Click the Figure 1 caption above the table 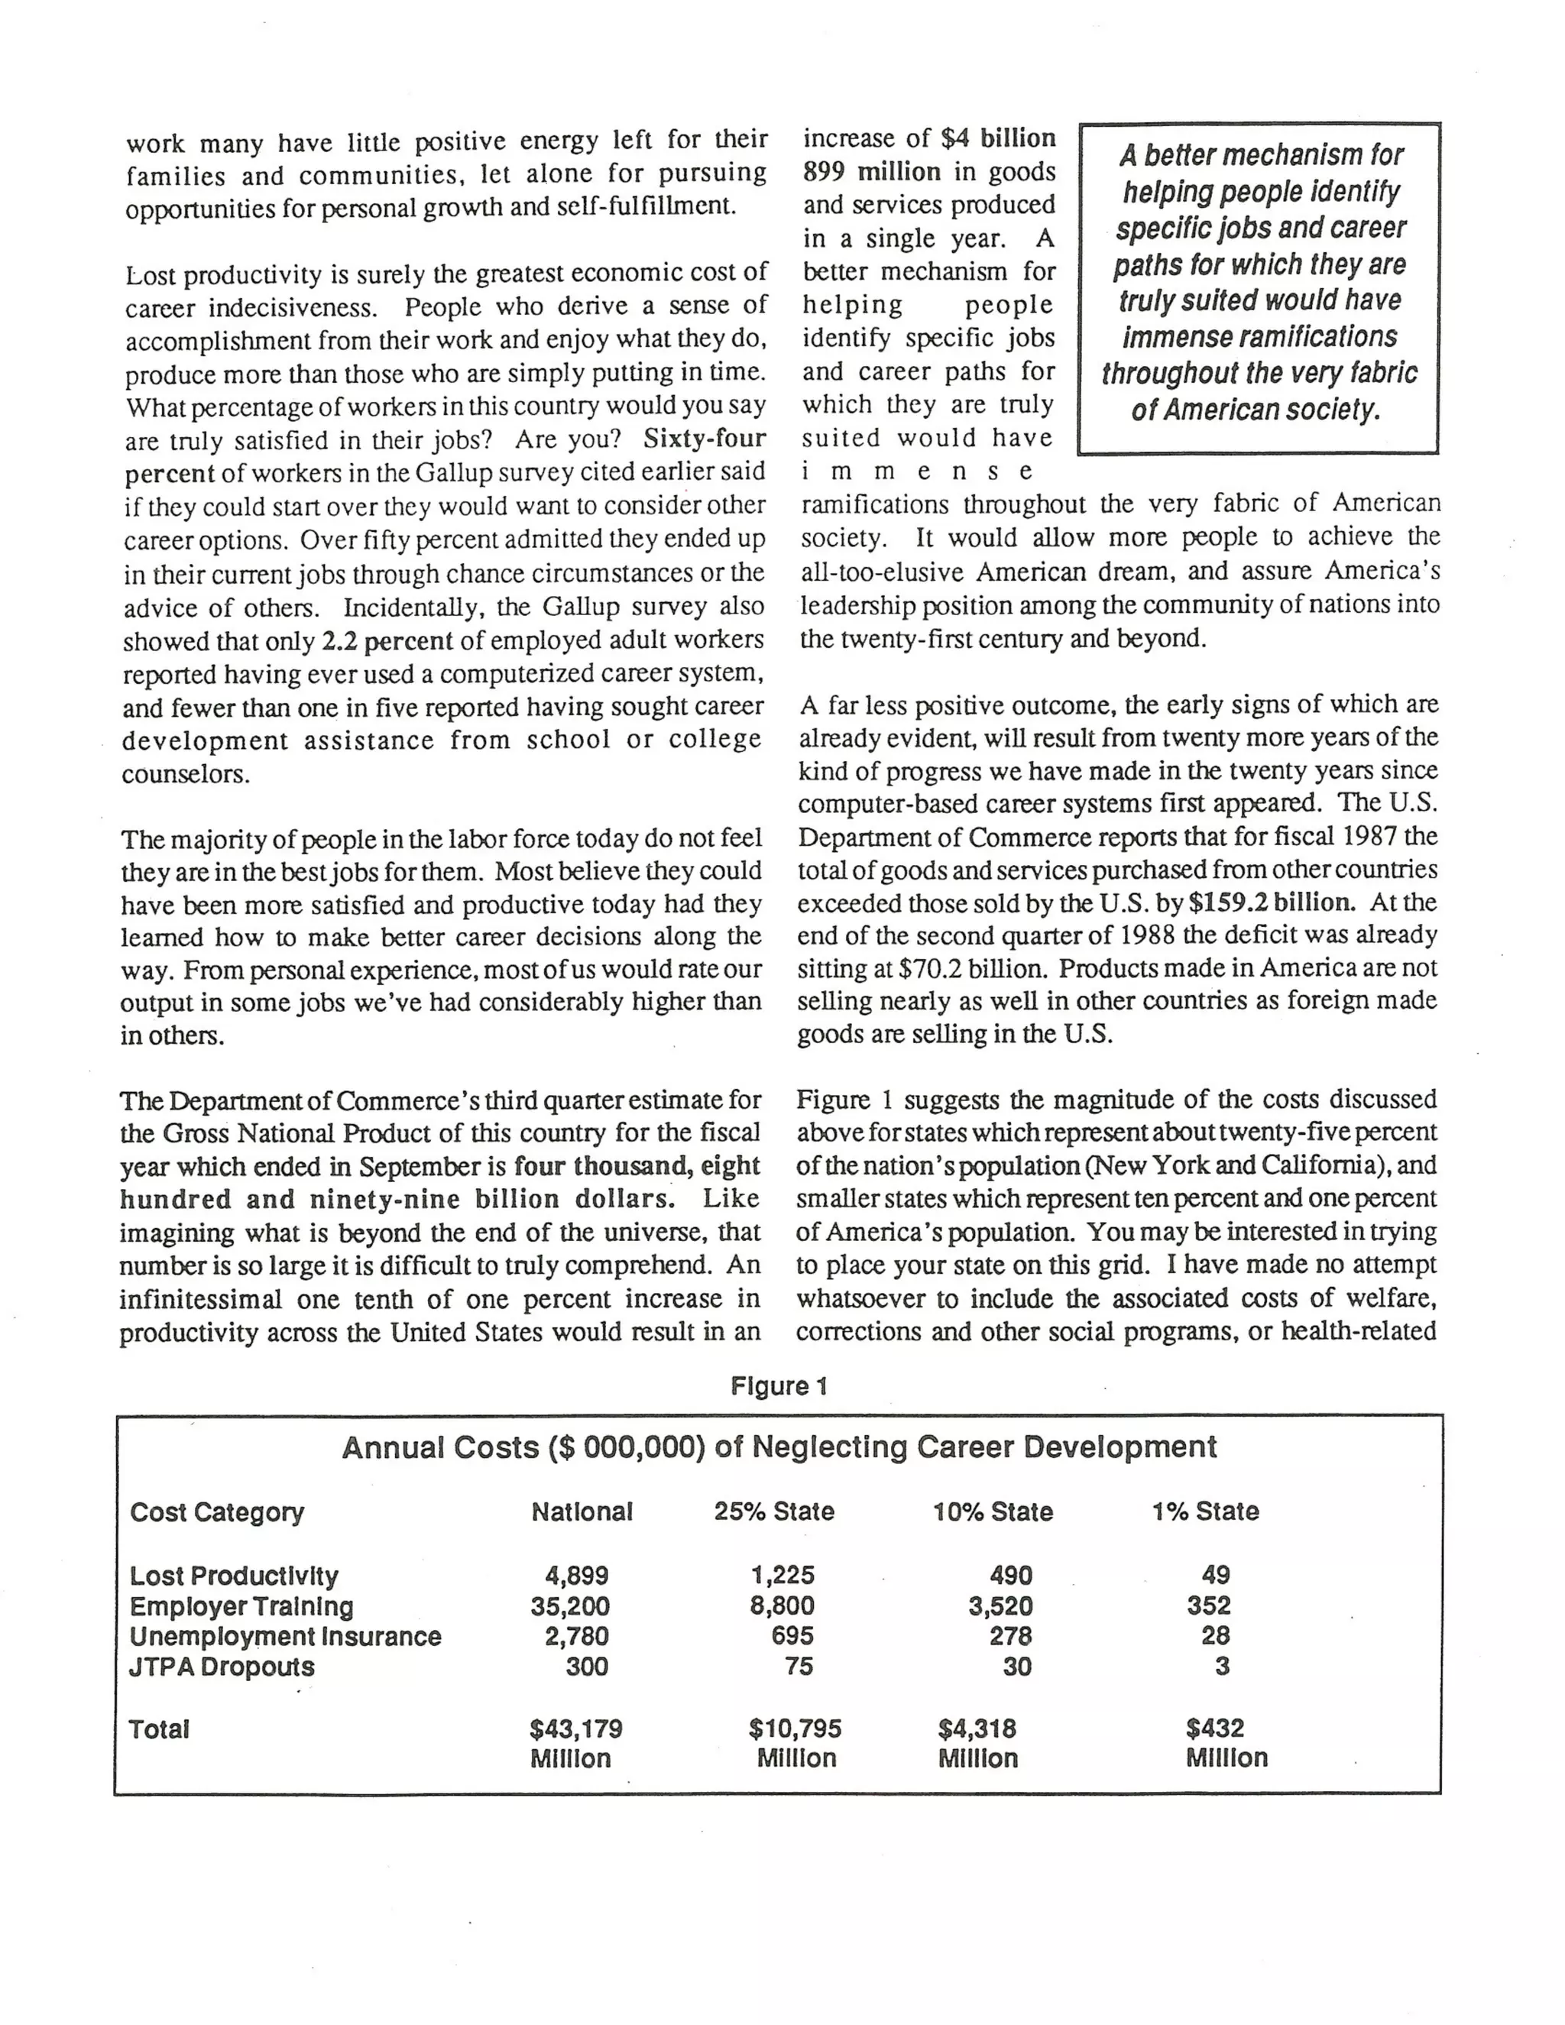pyautogui.click(x=778, y=1386)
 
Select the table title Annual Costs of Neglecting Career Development pyautogui.click(x=779, y=1447)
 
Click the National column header pyautogui.click(x=582, y=1512)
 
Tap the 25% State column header pyautogui.click(x=773, y=1512)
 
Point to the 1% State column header pyautogui.click(x=1204, y=1512)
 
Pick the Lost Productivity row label pyautogui.click(x=234, y=1576)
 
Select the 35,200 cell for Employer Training pyautogui.click(x=570, y=1606)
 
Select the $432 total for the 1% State pyautogui.click(x=1214, y=1728)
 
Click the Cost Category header pyautogui.click(x=216, y=1512)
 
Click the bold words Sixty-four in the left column pyautogui.click(x=705, y=439)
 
